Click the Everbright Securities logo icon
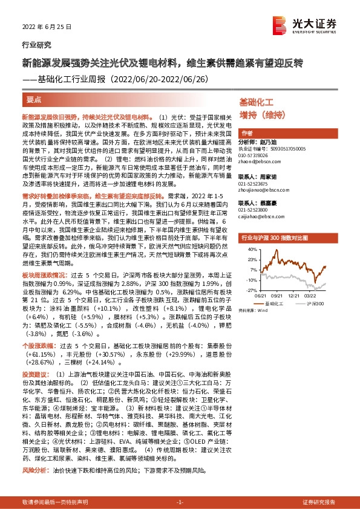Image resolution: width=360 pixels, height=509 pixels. coord(279,24)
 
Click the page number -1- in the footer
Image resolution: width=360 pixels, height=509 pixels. coord(180,502)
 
